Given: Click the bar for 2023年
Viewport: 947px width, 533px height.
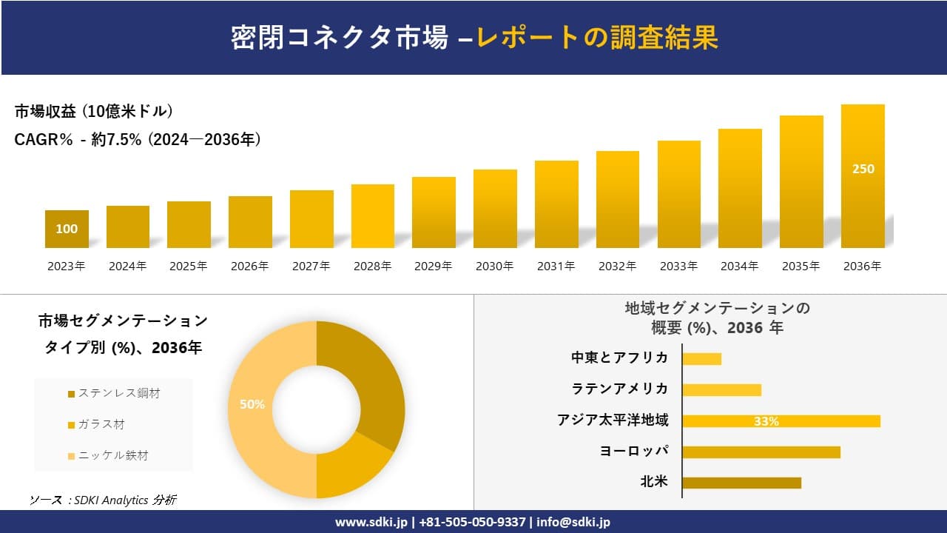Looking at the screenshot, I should pyautogui.click(x=67, y=229).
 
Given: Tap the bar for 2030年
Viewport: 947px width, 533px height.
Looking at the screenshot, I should pyautogui.click(x=495, y=209).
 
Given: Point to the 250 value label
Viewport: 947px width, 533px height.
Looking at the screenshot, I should pyautogui.click(x=863, y=169).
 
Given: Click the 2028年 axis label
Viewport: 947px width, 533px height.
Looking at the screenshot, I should pyautogui.click(x=371, y=266).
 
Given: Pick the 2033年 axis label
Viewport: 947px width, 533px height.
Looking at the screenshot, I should pyautogui.click(x=678, y=266).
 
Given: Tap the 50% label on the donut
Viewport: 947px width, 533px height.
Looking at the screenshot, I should pyautogui.click(x=252, y=404).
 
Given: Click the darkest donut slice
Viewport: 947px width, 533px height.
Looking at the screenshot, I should pyautogui.click(x=370, y=378).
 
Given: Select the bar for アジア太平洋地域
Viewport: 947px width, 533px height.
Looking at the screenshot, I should pyautogui.click(x=781, y=421).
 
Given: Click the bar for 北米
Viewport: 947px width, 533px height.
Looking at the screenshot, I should pyautogui.click(x=741, y=483).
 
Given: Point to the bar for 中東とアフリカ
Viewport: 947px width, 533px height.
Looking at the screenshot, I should pyautogui.click(x=701, y=359).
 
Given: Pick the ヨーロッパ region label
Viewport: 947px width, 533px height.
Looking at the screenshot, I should pyautogui.click(x=634, y=451).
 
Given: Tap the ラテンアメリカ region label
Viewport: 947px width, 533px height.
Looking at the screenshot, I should pyautogui.click(x=620, y=389).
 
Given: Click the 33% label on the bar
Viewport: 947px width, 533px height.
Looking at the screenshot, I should pyautogui.click(x=766, y=421).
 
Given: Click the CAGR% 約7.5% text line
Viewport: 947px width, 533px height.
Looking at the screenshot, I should pyautogui.click(x=138, y=140).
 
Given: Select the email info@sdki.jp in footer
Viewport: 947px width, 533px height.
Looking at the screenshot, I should pyautogui.click(x=573, y=522).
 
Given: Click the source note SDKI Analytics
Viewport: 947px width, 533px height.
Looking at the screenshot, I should pyautogui.click(x=104, y=500).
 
